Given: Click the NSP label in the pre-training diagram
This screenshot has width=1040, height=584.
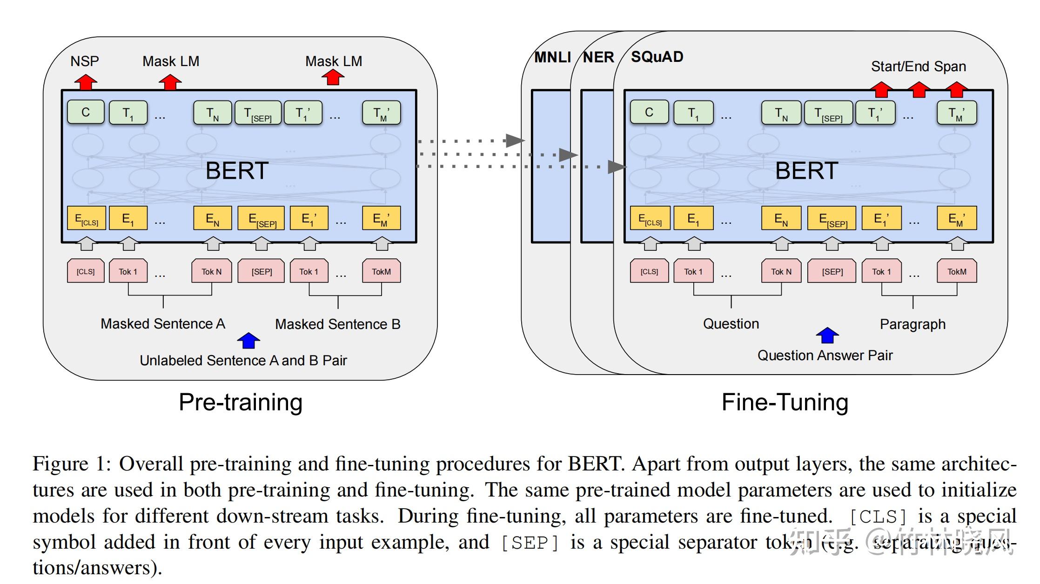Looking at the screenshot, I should coord(85,61).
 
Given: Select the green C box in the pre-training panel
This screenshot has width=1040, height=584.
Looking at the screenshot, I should coord(86,112).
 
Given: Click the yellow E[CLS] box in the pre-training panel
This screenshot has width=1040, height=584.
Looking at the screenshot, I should coord(87,219).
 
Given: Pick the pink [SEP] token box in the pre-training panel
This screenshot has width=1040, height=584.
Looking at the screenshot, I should coord(261,271).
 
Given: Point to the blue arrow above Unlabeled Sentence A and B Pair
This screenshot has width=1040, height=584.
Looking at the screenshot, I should coord(248,341).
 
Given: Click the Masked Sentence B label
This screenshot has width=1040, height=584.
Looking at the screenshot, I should coord(337,324).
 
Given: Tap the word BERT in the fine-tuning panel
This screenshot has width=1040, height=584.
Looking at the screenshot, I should coord(806,171).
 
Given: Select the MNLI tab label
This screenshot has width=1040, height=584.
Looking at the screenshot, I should coord(552,57).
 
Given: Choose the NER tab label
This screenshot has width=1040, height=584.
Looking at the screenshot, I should coord(598,57).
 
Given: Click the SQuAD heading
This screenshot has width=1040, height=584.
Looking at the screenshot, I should coord(657,57).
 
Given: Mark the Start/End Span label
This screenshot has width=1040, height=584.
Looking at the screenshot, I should coord(918,67).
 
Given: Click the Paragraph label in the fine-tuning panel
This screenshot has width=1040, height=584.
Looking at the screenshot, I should coord(912,324).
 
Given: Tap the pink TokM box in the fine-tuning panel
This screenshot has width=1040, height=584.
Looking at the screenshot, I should coord(956,271).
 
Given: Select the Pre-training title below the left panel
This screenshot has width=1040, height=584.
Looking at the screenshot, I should coord(241,402).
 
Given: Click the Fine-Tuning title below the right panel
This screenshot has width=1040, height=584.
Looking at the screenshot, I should coord(785,402).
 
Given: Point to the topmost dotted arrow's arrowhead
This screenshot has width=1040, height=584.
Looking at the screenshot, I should coord(515,140).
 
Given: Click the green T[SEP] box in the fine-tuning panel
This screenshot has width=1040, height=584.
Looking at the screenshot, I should coord(828,113).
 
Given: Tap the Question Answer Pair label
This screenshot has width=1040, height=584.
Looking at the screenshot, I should coord(825,356).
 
